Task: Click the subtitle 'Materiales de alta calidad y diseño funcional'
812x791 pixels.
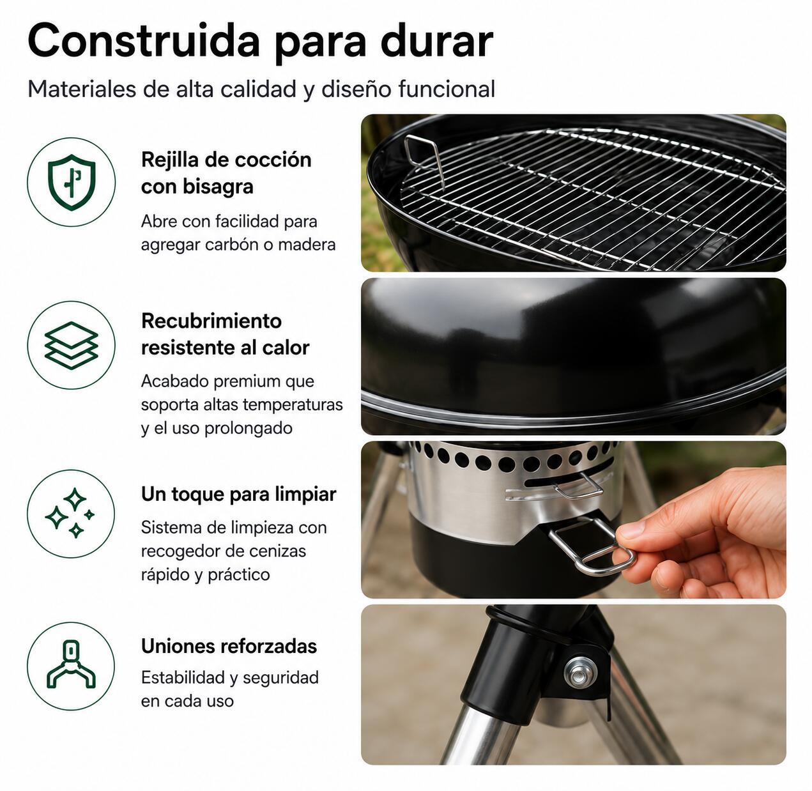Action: (261, 89)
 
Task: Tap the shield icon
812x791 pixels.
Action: (72, 182)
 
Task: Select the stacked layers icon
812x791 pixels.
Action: (72, 345)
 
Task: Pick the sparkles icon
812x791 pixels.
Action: (70, 512)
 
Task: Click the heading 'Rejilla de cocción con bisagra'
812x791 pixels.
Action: (226, 173)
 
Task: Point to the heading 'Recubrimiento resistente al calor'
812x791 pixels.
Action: (226, 334)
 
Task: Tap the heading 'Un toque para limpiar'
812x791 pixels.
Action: (239, 495)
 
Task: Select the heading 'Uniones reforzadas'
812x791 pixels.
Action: (229, 646)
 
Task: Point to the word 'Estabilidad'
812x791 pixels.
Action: (182, 677)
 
